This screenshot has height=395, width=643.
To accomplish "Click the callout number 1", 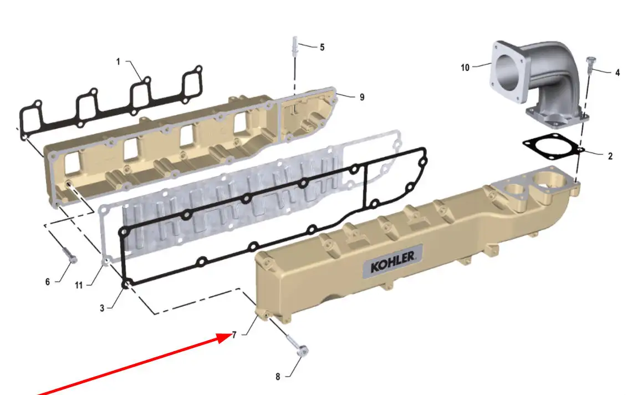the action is pyautogui.click(x=118, y=62).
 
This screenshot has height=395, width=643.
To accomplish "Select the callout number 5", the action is pyautogui.click(x=322, y=48).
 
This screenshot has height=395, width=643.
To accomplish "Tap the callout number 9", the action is pyautogui.click(x=361, y=97).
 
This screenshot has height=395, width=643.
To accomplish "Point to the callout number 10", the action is pyautogui.click(x=465, y=67).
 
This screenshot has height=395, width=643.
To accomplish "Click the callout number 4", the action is pyautogui.click(x=618, y=73).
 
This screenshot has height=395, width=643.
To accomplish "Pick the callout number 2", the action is pyautogui.click(x=610, y=156).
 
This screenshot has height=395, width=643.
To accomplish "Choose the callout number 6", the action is pyautogui.click(x=48, y=282).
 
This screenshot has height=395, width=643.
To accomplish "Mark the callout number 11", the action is pyautogui.click(x=79, y=285).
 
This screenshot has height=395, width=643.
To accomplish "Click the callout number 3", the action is pyautogui.click(x=102, y=308).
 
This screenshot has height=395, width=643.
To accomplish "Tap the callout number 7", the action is pyautogui.click(x=234, y=335).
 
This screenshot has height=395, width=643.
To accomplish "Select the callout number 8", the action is pyautogui.click(x=278, y=377).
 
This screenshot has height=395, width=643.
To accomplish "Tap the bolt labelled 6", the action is pyautogui.click(x=70, y=255).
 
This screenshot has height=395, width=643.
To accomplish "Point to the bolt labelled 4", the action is pyautogui.click(x=590, y=64).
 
